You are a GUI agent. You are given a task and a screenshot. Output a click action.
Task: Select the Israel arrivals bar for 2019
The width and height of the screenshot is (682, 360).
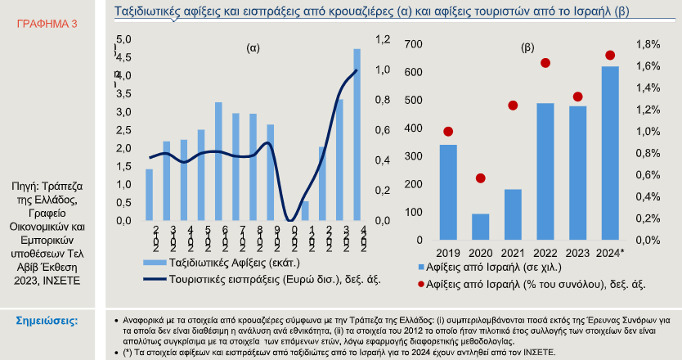coord(448,192)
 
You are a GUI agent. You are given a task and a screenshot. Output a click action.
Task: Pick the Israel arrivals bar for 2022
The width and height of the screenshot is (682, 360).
coord(545,172)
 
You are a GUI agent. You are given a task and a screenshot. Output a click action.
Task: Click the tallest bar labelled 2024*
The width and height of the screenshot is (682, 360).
coord(610,153)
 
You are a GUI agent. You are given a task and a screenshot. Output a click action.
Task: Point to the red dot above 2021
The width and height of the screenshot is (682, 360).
coord(514,106)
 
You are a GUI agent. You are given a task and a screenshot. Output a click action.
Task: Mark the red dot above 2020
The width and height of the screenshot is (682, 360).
coord(481,178)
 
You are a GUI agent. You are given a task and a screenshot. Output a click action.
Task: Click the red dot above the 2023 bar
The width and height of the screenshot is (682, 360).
coord(578,97)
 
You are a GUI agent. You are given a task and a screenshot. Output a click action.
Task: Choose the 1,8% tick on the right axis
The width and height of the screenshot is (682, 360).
coord(648,44)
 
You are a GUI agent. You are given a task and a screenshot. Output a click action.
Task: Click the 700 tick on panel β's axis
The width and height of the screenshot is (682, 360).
coord(414,44)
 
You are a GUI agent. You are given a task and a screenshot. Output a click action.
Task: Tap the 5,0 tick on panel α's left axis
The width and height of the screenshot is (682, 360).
coord(123,39)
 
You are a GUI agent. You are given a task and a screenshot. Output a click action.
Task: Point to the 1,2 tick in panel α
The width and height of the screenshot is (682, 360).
coord(383,39)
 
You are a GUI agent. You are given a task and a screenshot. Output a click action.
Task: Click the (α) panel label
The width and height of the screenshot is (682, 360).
coord(253,48)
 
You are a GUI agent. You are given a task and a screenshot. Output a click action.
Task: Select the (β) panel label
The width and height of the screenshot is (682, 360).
coord(528,48)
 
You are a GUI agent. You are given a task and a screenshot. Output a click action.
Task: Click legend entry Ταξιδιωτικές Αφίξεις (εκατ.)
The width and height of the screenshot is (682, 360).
coord(233,263)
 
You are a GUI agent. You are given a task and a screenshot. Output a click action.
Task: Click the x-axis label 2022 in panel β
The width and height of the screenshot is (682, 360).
coord(545,252)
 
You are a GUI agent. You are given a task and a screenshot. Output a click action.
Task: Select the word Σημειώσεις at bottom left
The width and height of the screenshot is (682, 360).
coord(47,320)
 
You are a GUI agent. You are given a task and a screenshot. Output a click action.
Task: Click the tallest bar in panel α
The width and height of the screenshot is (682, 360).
coord(357,135)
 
